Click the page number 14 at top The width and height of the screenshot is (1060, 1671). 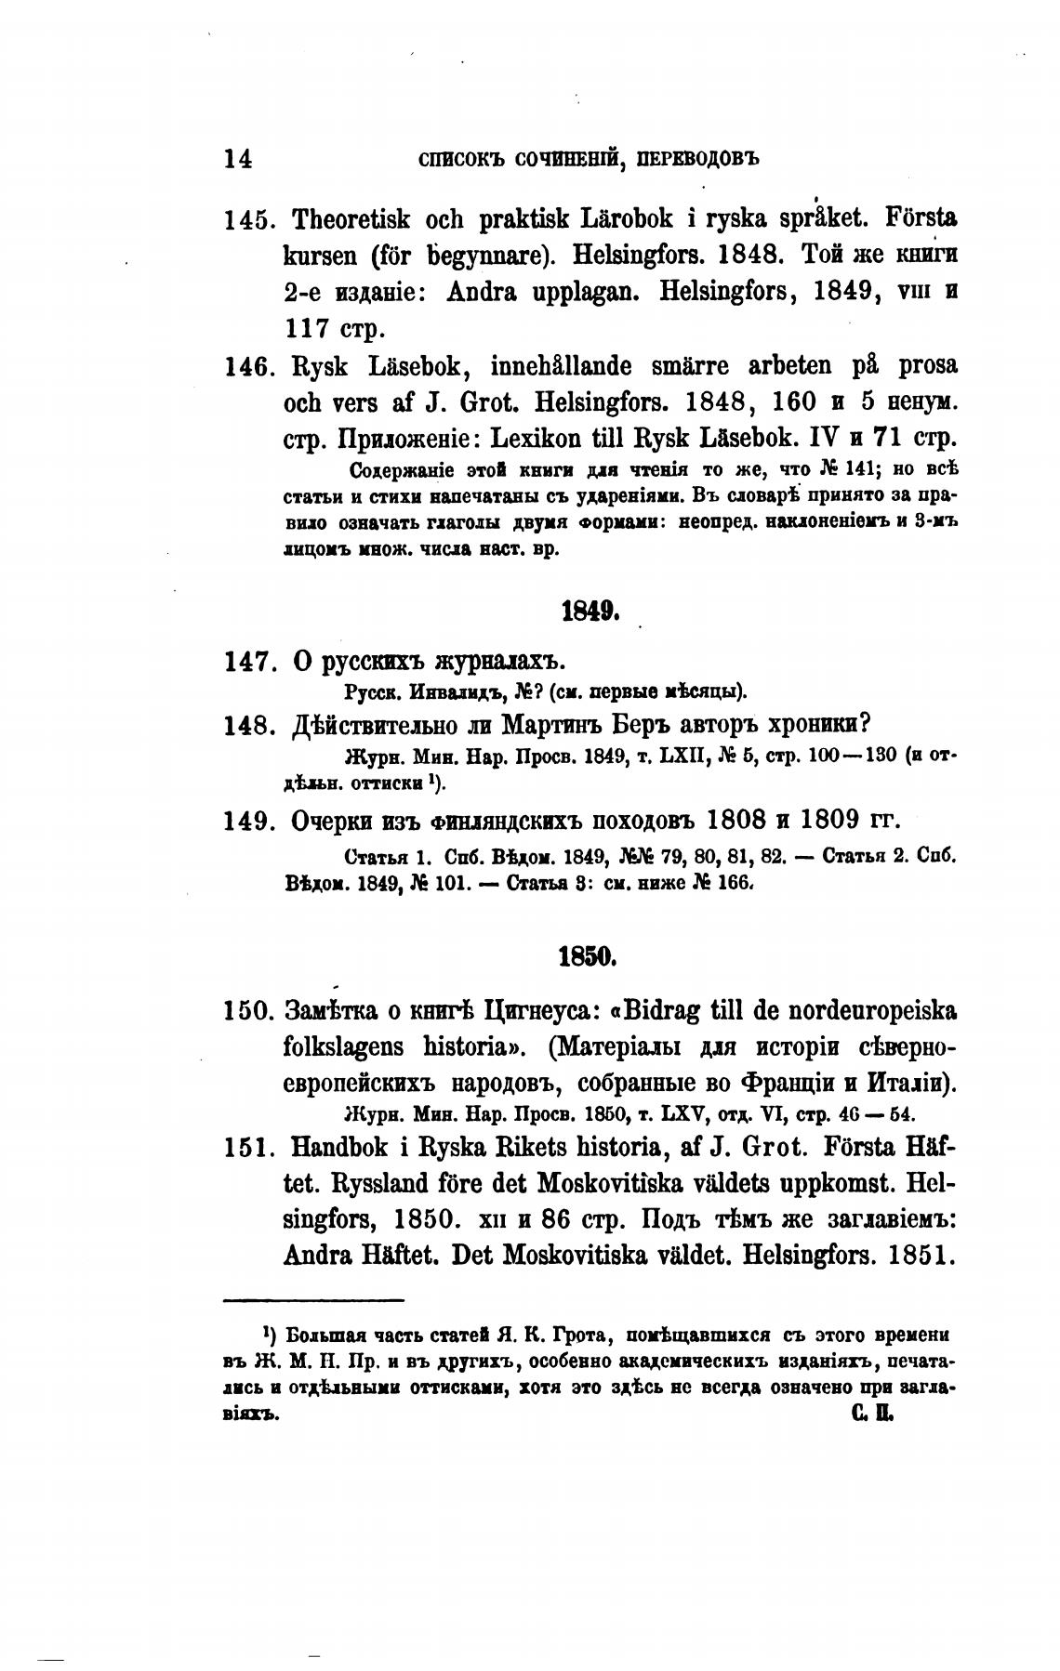pos(238,159)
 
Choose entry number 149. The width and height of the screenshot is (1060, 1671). pos(247,822)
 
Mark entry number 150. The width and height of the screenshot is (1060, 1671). pos(247,1011)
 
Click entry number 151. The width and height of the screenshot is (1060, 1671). pos(247,1149)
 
